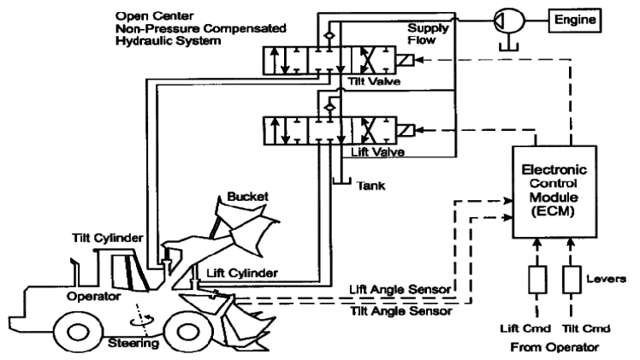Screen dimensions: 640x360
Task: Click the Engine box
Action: point(575,20)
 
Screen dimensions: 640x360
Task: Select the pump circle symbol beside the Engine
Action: point(509,20)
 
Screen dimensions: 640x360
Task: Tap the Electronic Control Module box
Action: point(554,192)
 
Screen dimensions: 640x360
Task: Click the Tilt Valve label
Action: point(374,81)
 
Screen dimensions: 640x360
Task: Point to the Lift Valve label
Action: point(378,152)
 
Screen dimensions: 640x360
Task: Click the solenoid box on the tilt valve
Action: point(405,61)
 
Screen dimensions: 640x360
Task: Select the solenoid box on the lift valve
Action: point(406,131)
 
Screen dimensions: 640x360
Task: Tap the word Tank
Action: point(370,186)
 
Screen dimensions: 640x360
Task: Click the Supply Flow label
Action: point(428,34)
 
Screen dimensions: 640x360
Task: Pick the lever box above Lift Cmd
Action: point(537,280)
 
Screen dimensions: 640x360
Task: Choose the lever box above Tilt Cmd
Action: point(572,280)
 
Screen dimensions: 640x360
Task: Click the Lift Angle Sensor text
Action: point(400,290)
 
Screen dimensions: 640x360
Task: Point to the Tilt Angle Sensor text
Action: point(401,311)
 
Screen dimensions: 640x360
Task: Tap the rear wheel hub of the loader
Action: point(78,333)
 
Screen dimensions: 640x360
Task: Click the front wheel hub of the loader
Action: point(189,332)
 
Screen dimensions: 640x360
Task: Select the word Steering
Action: point(133,343)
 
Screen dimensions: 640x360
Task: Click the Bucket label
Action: point(247,197)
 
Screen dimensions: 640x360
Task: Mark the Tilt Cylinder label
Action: point(107,238)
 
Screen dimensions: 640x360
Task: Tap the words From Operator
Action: point(554,347)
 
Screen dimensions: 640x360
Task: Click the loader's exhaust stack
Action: point(74,272)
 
